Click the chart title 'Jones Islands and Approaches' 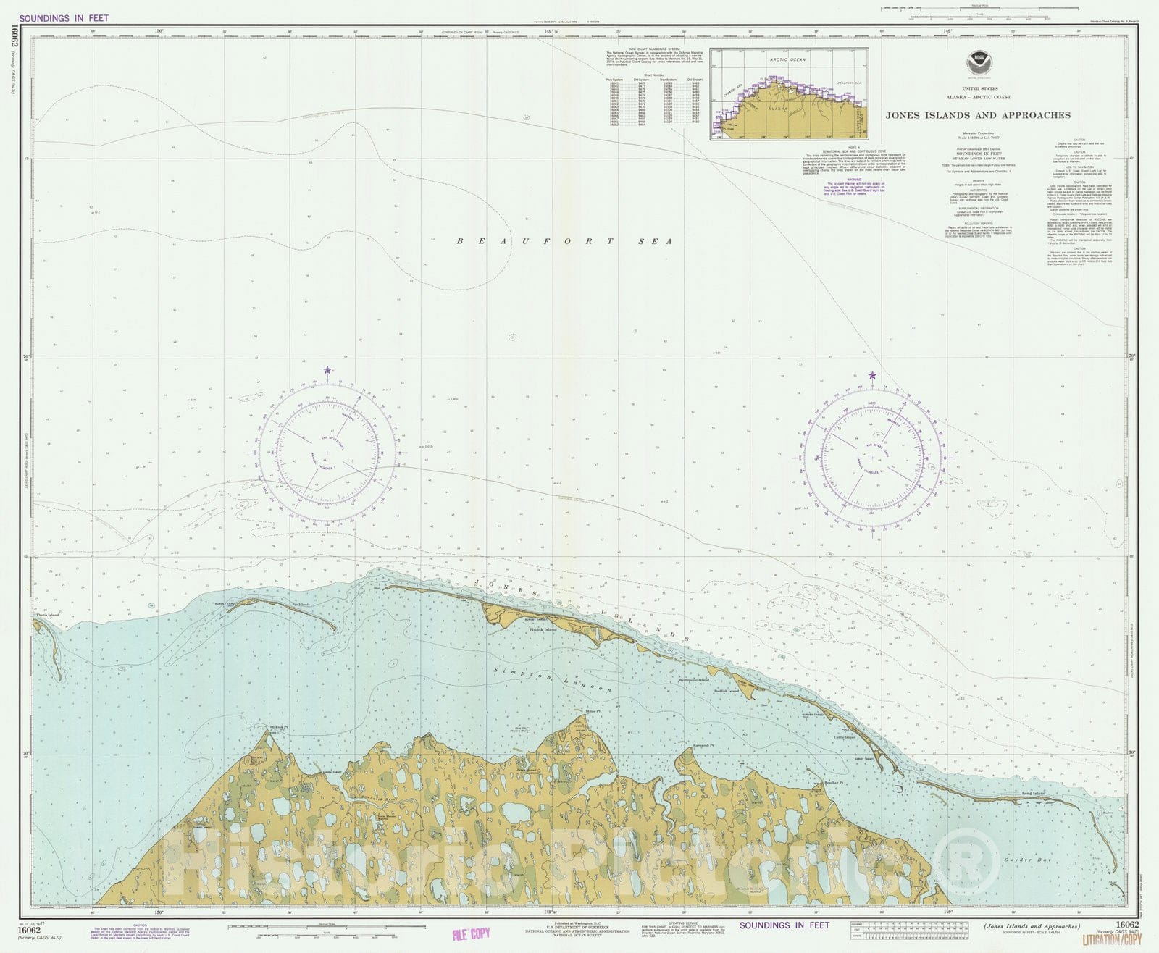[977, 115]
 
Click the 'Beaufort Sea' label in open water [564, 241]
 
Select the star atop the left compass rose [327, 370]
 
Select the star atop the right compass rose [872, 375]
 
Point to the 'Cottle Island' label [845, 737]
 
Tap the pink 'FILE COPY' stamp [470, 933]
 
